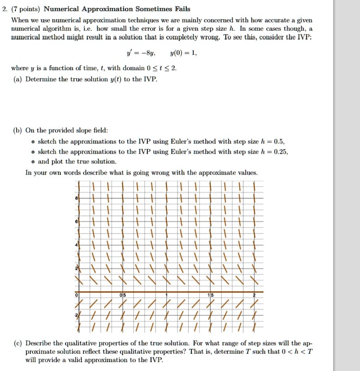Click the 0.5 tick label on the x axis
pyautogui.click(x=122, y=295)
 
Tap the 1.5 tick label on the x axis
pyautogui.click(x=210, y=295)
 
